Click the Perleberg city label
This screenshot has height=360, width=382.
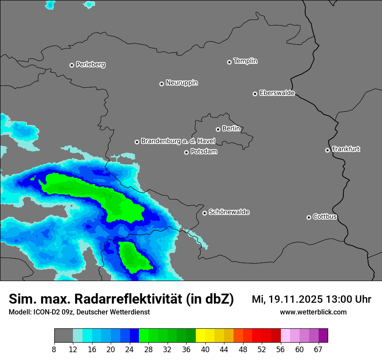(x=90, y=65)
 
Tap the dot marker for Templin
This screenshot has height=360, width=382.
(x=229, y=62)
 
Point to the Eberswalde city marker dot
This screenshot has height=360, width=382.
(x=255, y=94)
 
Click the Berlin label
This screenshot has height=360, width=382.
(x=231, y=129)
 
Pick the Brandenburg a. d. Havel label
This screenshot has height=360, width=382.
(x=178, y=141)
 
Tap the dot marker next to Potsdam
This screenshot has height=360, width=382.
(x=186, y=152)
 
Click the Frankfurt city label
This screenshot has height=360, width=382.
(x=346, y=149)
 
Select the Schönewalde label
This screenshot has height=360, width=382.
(x=229, y=212)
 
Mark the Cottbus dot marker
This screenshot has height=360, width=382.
(x=309, y=217)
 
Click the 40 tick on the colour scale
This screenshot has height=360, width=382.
(x=205, y=350)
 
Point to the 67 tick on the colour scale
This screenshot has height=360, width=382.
(x=318, y=350)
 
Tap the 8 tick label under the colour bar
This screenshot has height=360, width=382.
(x=54, y=350)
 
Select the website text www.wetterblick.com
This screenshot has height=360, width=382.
(x=313, y=312)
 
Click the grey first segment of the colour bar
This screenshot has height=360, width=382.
(x=63, y=336)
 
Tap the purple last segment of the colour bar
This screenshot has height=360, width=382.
(x=323, y=336)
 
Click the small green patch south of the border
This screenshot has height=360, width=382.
(x=132, y=257)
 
